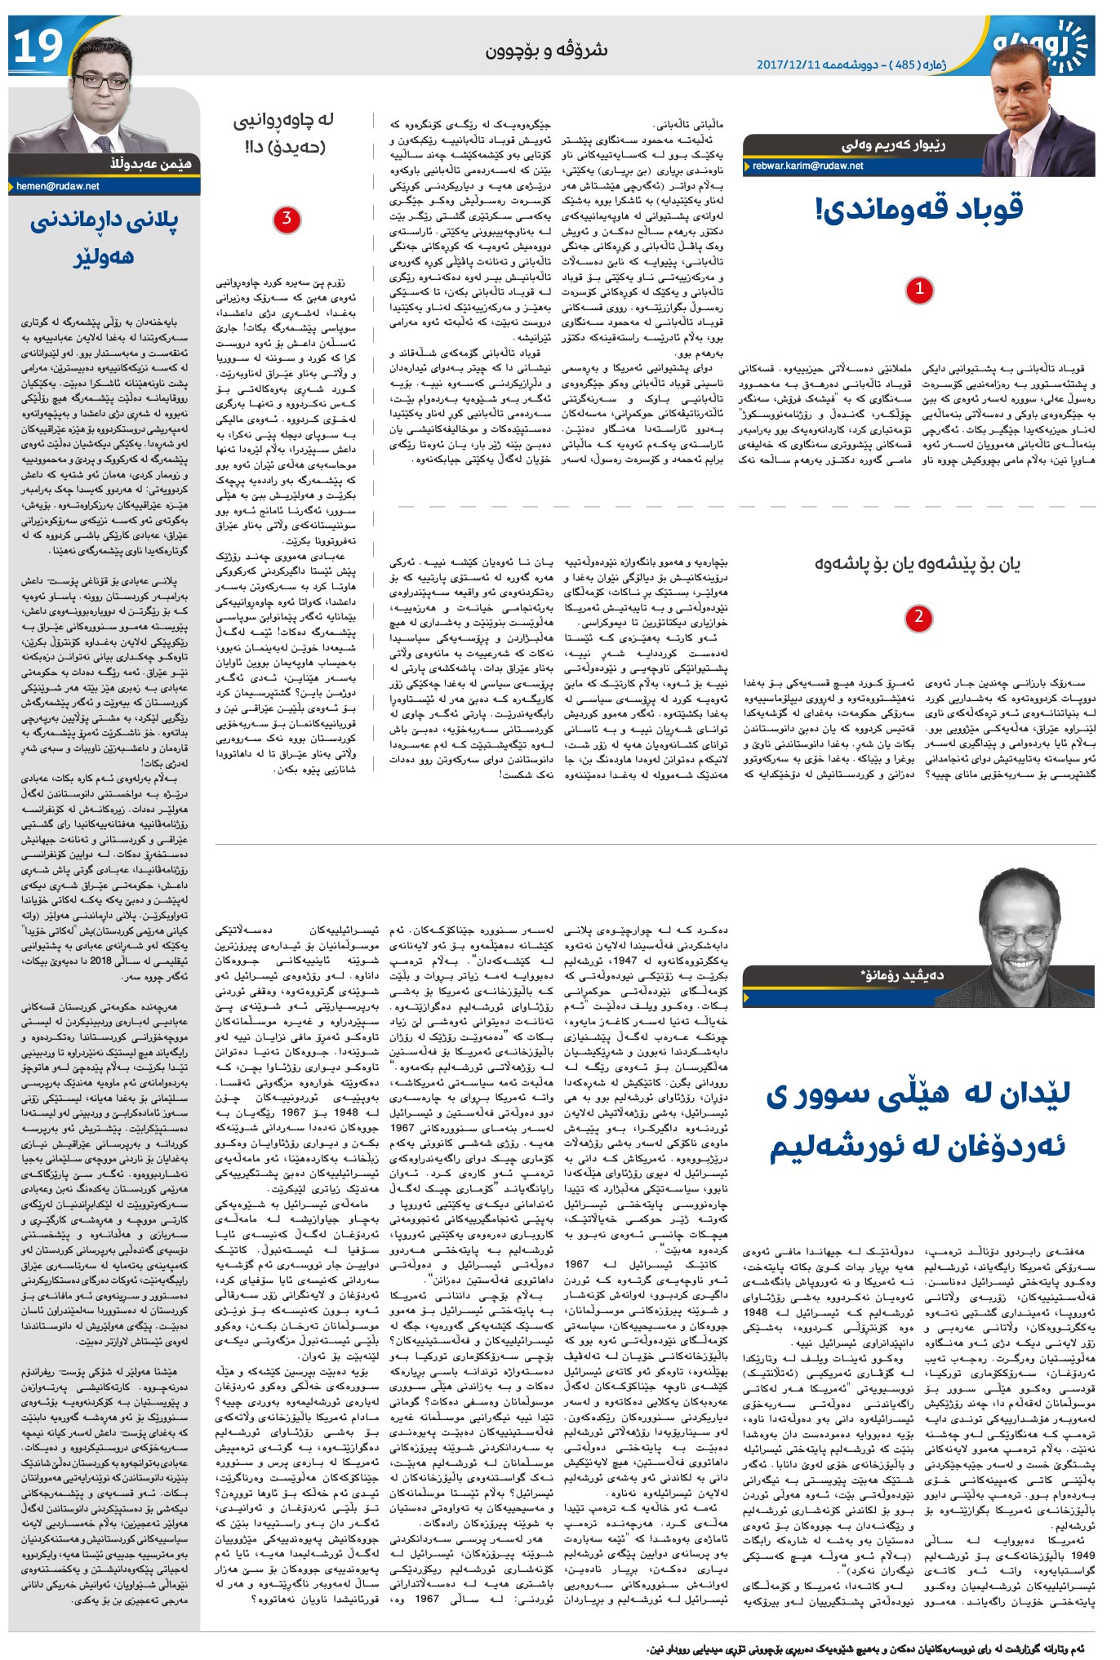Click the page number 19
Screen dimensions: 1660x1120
[x=38, y=47]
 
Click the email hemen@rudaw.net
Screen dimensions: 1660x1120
[x=58, y=186]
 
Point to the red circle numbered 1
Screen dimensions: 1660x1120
[x=919, y=289]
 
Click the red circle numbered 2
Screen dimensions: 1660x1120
[x=918, y=617]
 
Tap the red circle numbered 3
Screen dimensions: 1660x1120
[x=286, y=219]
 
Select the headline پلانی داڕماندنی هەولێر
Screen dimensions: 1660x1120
[x=104, y=237]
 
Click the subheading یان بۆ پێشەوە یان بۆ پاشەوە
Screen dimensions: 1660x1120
[x=918, y=563]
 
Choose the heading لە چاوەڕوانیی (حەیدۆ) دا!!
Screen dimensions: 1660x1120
[x=284, y=133]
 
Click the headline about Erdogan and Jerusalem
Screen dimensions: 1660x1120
[x=917, y=1119]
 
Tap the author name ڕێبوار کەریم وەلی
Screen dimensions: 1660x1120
[x=893, y=145]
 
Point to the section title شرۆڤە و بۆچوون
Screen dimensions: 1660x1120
[x=546, y=50]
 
